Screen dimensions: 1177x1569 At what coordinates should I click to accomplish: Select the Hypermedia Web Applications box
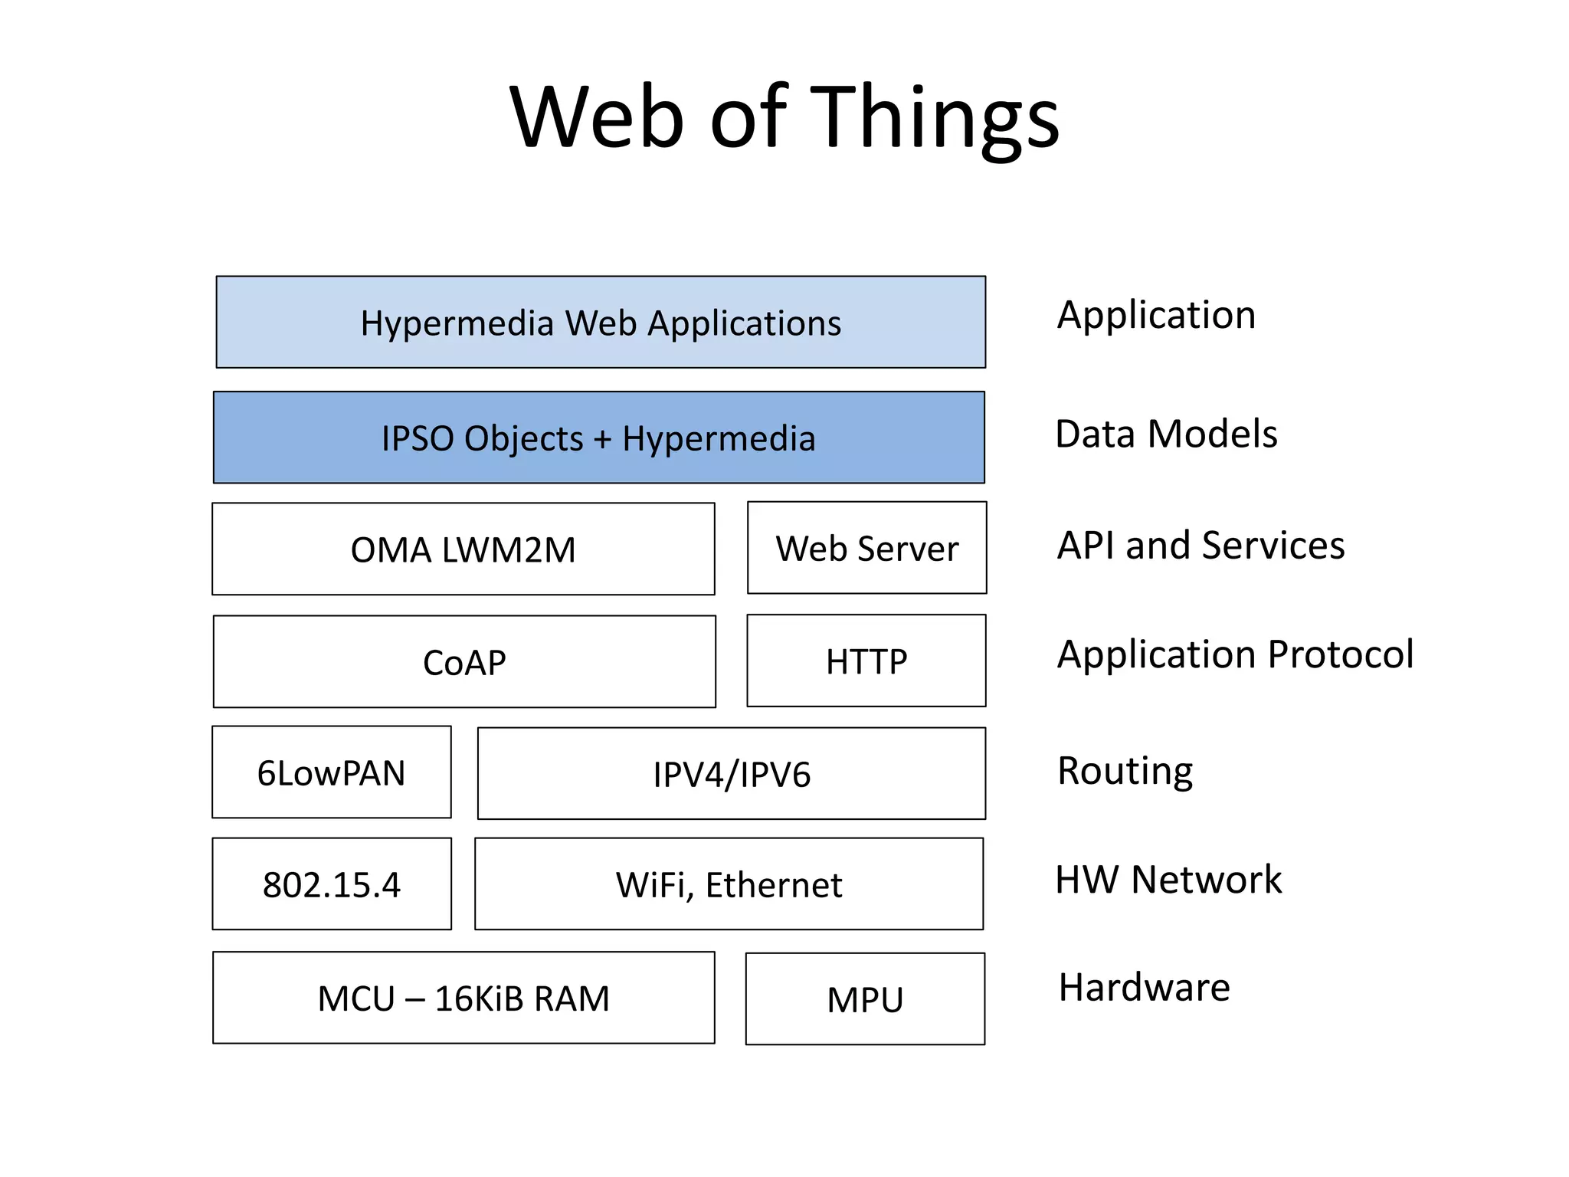(601, 323)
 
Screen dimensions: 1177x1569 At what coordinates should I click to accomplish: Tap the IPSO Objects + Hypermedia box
(598, 438)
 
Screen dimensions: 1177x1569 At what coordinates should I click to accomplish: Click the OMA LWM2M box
(463, 549)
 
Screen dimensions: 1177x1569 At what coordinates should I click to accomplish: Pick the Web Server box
(866, 548)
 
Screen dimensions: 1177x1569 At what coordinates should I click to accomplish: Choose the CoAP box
(464, 662)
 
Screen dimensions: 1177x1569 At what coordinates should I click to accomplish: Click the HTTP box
(866, 661)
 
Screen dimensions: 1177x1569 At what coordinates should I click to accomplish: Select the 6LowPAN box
(331, 772)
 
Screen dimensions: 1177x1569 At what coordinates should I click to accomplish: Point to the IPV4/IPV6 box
(731, 774)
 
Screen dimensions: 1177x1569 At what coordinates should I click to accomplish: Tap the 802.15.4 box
(331, 884)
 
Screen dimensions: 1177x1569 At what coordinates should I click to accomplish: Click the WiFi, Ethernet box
(729, 884)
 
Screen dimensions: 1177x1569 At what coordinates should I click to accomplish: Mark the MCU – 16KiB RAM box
(463, 998)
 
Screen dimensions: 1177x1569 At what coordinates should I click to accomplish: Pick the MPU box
(865, 999)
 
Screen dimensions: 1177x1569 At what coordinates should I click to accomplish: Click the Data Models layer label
(1166, 434)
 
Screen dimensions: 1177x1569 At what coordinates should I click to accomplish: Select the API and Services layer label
(1200, 546)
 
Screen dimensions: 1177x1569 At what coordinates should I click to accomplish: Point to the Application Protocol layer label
(1235, 654)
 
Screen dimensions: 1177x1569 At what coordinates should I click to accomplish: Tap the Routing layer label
(1125, 771)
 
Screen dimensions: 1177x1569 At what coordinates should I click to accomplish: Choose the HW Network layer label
(1168, 879)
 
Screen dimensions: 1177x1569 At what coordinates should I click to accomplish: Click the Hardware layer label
(1144, 987)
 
